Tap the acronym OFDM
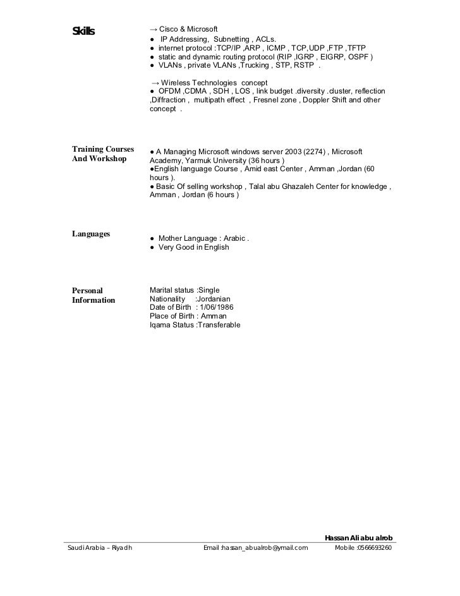point(169,92)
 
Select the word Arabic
point(231,239)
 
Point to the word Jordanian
point(213,299)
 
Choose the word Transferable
point(219,325)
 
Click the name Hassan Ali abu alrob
point(358,537)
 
